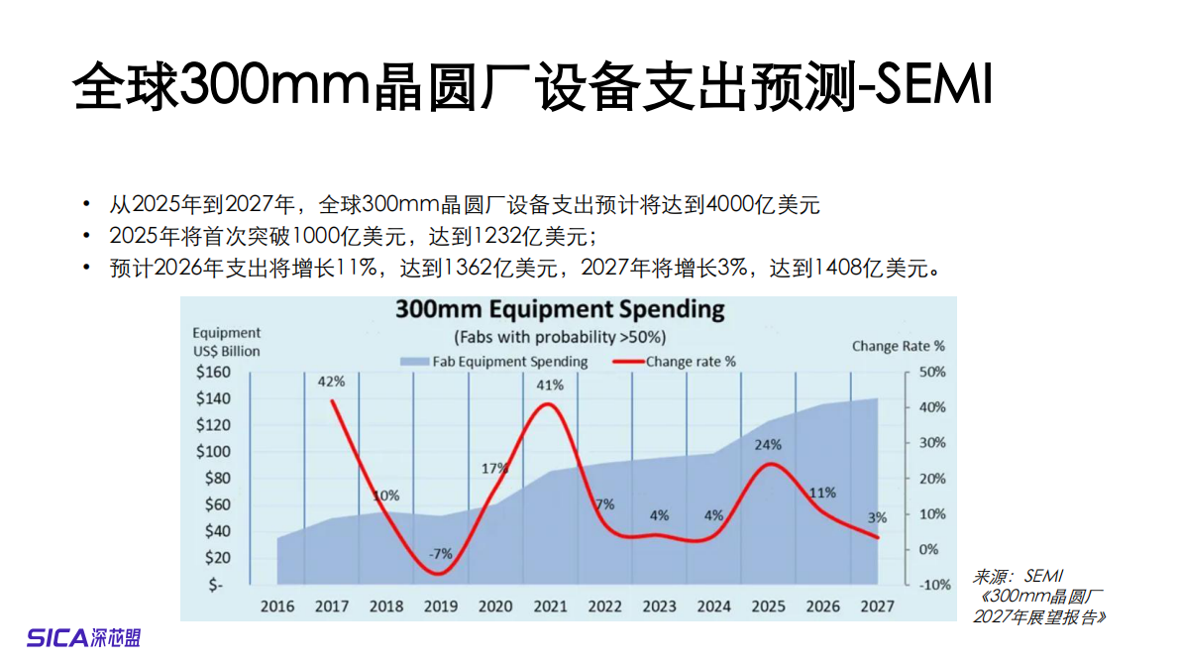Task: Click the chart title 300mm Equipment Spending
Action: pyautogui.click(x=560, y=309)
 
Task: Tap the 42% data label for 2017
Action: pyautogui.click(x=331, y=381)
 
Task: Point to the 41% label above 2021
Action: pyautogui.click(x=551, y=385)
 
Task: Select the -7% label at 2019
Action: pyautogui.click(x=440, y=554)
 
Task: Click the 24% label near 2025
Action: pyautogui.click(x=768, y=445)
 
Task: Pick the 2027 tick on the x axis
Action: pyautogui.click(x=877, y=606)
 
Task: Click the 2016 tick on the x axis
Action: pyautogui.click(x=276, y=606)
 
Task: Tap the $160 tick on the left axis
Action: pyautogui.click(x=213, y=373)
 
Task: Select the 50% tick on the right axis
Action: pyautogui.click(x=932, y=373)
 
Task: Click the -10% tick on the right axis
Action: pyautogui.click(x=932, y=585)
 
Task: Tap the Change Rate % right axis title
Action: pyautogui.click(x=898, y=346)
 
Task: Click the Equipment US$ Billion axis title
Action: pyautogui.click(x=227, y=342)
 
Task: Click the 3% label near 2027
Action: pyautogui.click(x=877, y=516)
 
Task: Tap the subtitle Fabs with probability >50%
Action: pyautogui.click(x=560, y=336)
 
